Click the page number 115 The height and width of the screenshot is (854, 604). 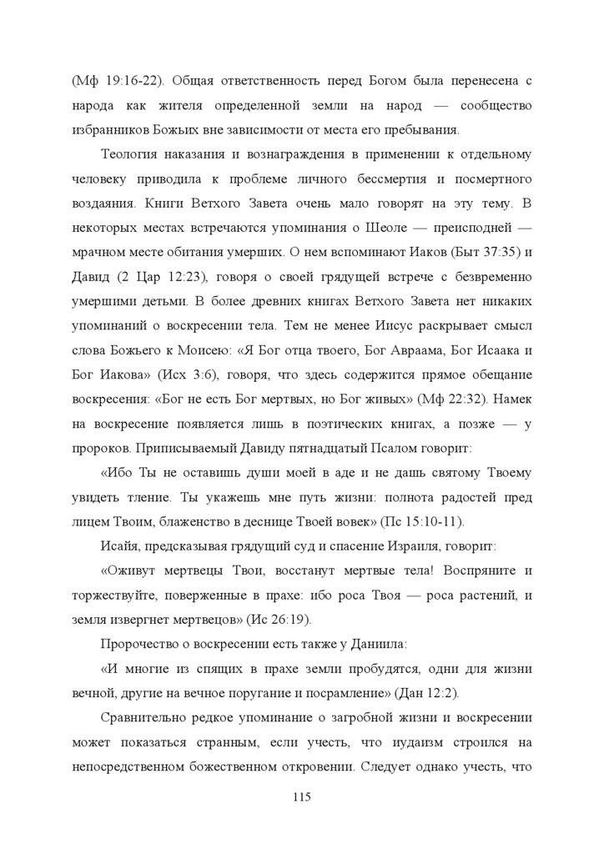301,797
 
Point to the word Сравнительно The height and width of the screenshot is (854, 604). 145,716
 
